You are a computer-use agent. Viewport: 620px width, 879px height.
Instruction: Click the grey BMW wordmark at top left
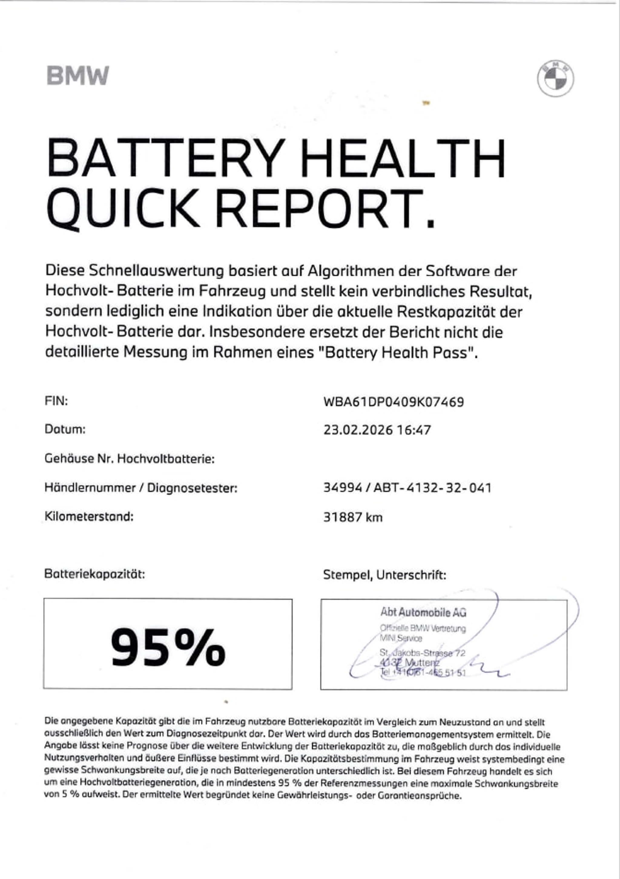click(78, 75)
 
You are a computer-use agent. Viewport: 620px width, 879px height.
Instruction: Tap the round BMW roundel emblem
click(555, 80)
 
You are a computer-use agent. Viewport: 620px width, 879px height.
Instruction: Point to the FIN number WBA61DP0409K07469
click(393, 402)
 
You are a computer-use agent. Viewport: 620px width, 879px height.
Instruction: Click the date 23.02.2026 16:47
click(377, 430)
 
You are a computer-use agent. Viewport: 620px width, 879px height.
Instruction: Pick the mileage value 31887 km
click(353, 517)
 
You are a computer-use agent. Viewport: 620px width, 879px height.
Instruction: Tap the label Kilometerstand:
click(89, 516)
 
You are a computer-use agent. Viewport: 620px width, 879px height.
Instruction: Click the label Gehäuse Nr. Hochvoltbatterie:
click(130, 458)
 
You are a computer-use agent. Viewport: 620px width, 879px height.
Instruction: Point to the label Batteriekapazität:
click(94, 574)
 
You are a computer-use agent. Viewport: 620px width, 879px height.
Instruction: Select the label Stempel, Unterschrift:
click(384, 574)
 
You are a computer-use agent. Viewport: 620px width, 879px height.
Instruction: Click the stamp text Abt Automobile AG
click(423, 613)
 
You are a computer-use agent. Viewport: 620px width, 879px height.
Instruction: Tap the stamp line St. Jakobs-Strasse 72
click(422, 652)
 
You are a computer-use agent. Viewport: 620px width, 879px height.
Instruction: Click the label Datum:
click(65, 429)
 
